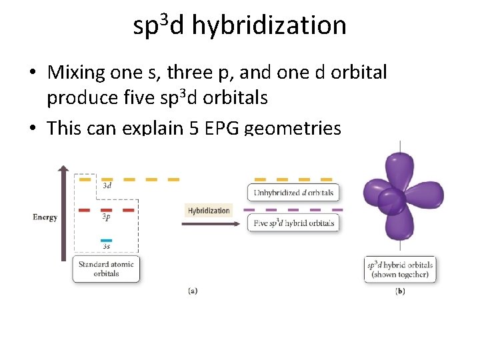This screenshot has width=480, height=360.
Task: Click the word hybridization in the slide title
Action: [269, 25]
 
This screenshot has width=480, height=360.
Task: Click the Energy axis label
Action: [45, 217]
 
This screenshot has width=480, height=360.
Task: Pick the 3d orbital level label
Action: [107, 186]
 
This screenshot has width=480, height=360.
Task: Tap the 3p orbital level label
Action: [107, 217]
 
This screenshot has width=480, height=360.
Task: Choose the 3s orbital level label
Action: [107, 247]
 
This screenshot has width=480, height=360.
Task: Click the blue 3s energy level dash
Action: [107, 240]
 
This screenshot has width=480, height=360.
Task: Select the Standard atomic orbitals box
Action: [106, 269]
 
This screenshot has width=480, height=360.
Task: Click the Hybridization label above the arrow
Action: [209, 211]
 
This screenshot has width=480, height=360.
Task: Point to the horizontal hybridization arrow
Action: [209, 224]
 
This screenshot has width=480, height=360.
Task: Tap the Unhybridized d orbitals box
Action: [293, 193]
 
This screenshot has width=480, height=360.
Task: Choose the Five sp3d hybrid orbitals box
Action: [293, 223]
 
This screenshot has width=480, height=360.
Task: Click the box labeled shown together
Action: [400, 269]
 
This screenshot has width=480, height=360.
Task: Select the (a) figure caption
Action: [192, 291]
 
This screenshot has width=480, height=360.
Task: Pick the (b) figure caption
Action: [400, 291]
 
